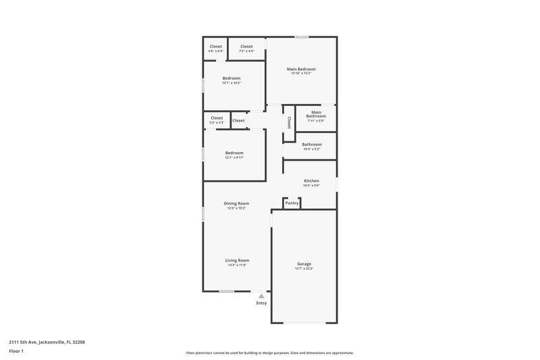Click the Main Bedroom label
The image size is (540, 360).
[301, 69]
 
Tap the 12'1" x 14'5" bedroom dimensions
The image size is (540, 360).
[232, 83]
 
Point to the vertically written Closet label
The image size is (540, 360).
[289, 123]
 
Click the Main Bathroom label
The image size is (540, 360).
[316, 114]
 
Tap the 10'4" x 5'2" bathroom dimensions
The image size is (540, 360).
[311, 149]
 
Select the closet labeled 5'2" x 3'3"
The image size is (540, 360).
[216, 122]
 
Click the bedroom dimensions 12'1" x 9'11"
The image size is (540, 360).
[234, 157]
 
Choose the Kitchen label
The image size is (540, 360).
[311, 181]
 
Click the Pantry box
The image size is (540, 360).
[292, 203]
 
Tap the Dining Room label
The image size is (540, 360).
[236, 203]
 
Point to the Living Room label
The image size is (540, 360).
[237, 260]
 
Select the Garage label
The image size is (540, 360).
[304, 263]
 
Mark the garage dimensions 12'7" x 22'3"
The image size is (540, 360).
[304, 269]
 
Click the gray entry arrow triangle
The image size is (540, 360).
[261, 296]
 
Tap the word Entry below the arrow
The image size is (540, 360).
[261, 303]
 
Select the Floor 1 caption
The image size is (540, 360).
[17, 351]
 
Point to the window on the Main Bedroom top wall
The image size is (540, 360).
[302, 36]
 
